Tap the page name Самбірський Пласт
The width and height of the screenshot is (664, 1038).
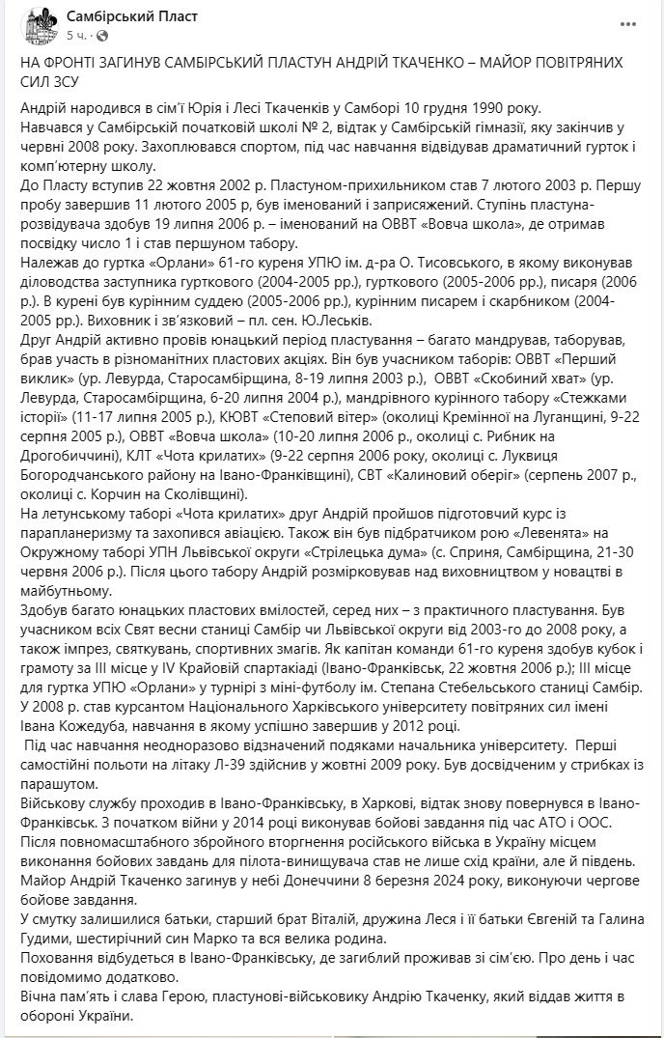[x=124, y=14]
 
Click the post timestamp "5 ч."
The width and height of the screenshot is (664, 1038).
[x=77, y=34]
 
